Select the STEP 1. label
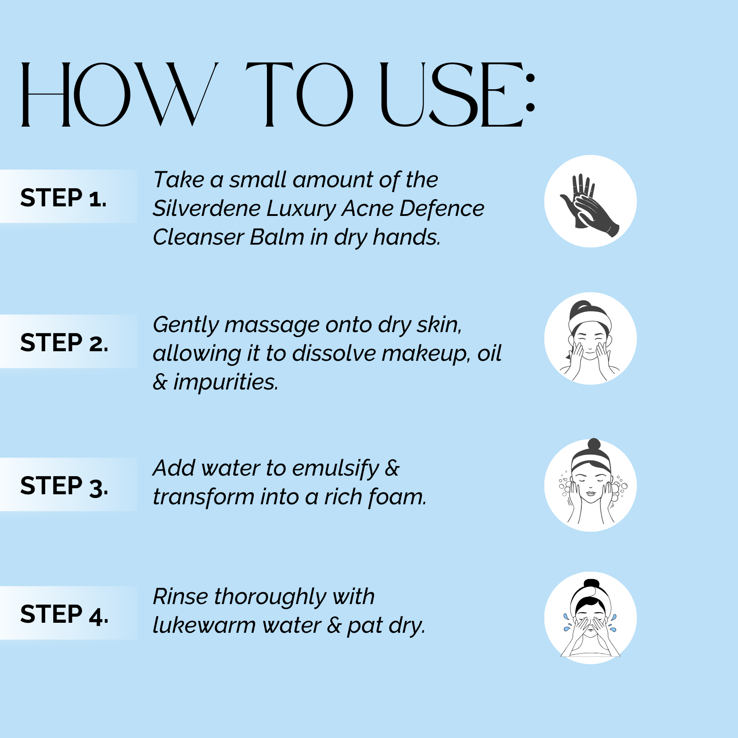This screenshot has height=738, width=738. click(x=63, y=198)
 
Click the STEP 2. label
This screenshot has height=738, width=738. click(x=64, y=342)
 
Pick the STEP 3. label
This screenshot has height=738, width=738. click(x=64, y=486)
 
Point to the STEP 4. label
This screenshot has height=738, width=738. click(x=64, y=614)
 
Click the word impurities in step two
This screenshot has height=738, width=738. click(x=225, y=382)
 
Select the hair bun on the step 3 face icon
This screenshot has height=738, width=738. click(x=594, y=444)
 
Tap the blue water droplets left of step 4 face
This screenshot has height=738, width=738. click(x=566, y=622)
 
